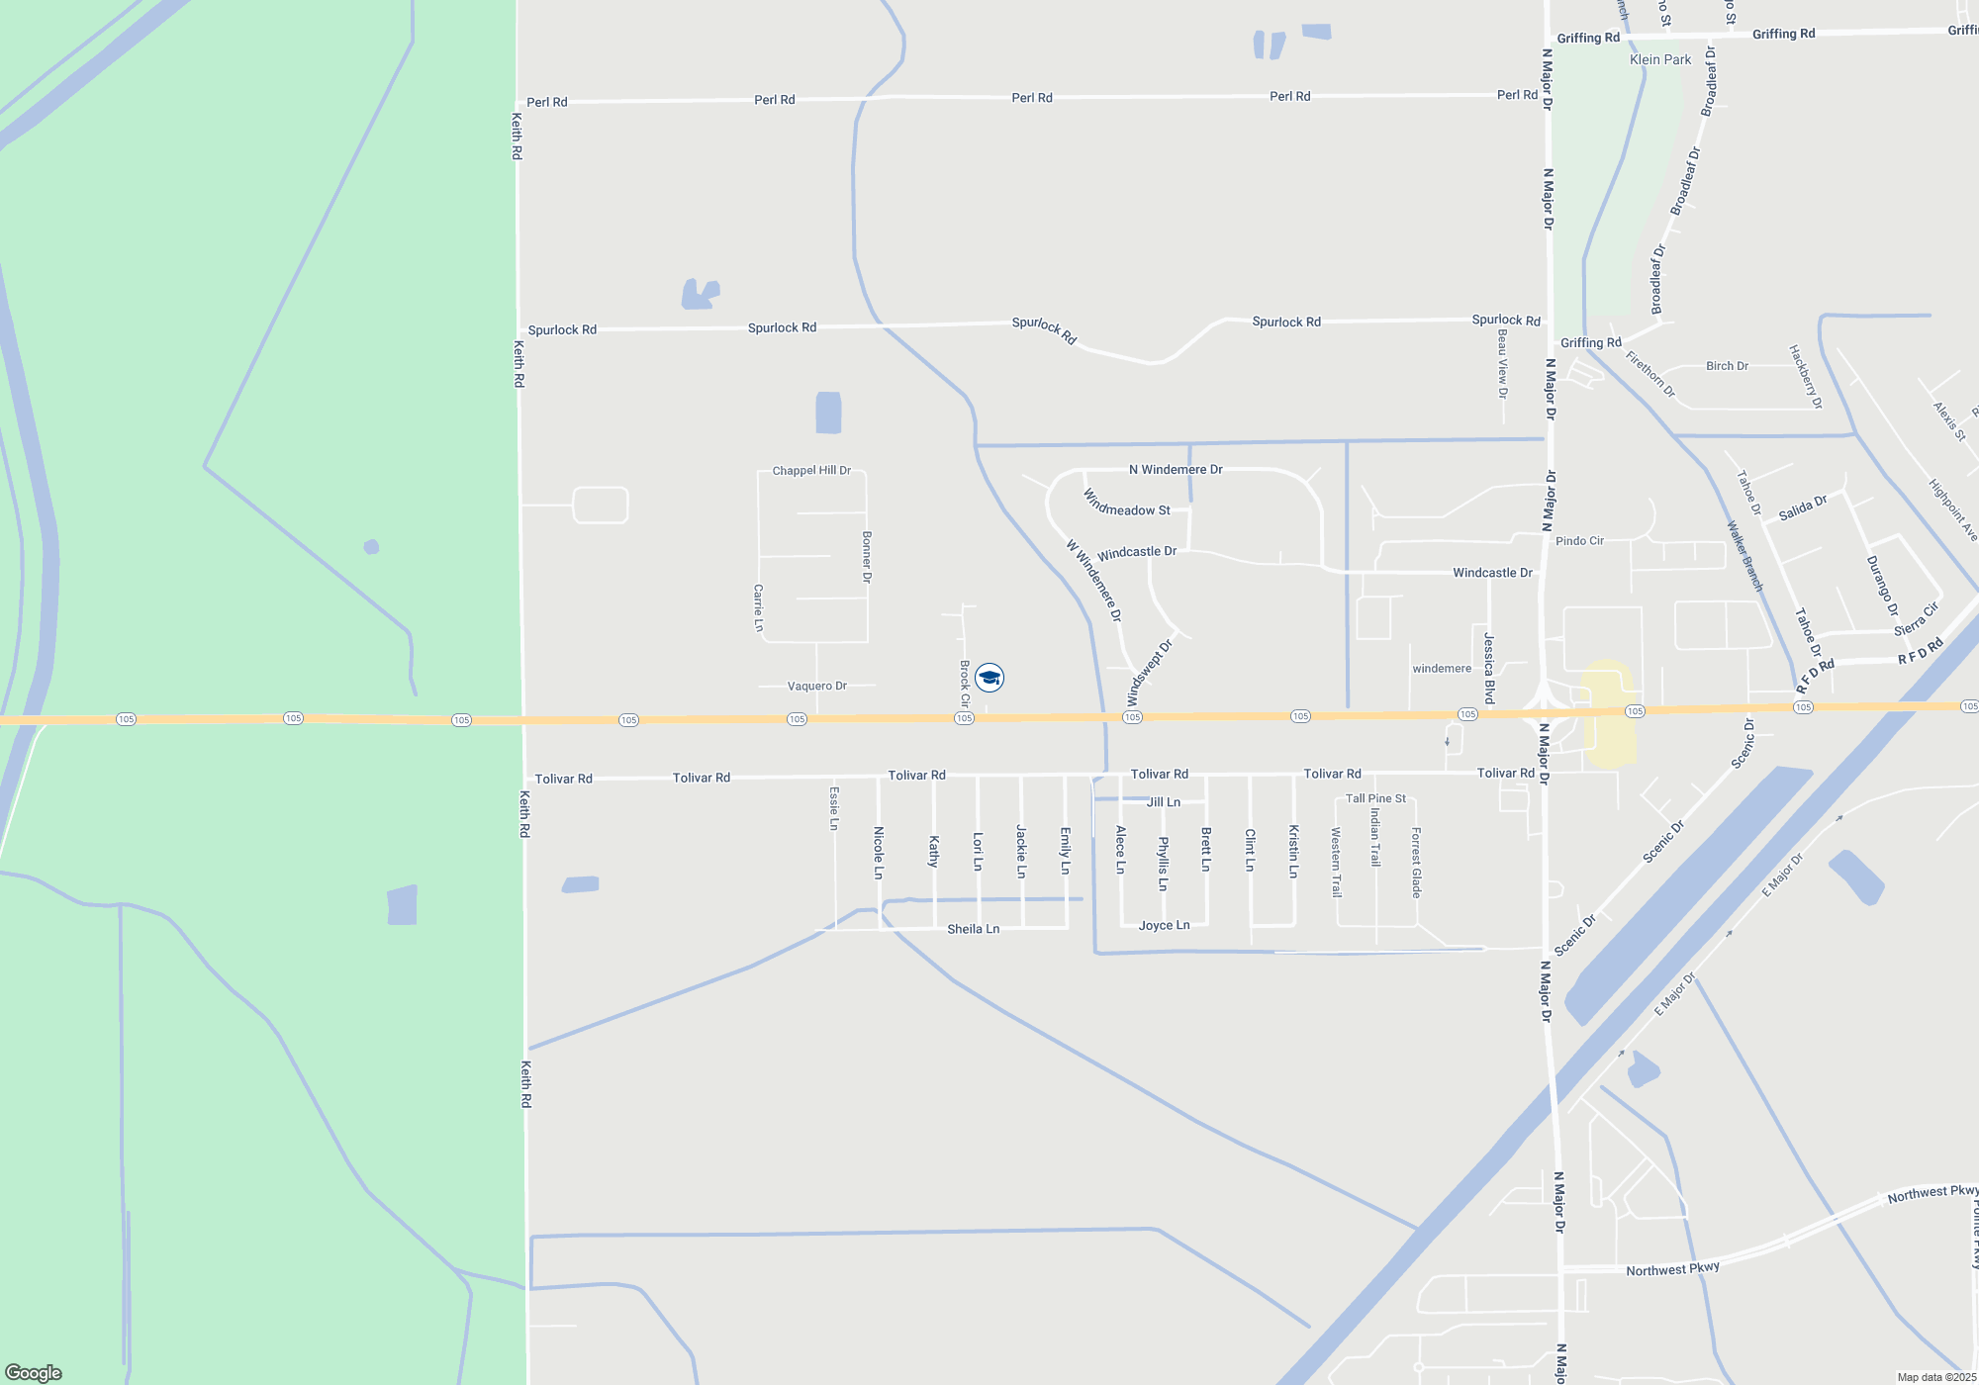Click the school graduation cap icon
pyautogui.click(x=989, y=678)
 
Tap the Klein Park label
pyautogui.click(x=1660, y=59)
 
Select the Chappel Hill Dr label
pyautogui.click(x=811, y=471)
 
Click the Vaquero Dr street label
pyautogui.click(x=817, y=686)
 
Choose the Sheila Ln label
pyautogui.click(x=973, y=929)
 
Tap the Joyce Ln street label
pyautogui.click(x=1164, y=926)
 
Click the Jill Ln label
pyautogui.click(x=1163, y=802)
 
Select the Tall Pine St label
pyautogui.click(x=1375, y=798)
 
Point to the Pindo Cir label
pyautogui.click(x=1579, y=541)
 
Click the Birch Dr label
pyautogui.click(x=1727, y=366)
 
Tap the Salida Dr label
pyautogui.click(x=1802, y=508)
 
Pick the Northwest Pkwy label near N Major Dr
pyautogui.click(x=1672, y=1269)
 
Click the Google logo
pyautogui.click(x=34, y=1373)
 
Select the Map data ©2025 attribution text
pyautogui.click(x=1936, y=1377)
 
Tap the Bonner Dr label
pyautogui.click(x=867, y=557)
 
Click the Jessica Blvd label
pyautogui.click(x=1489, y=669)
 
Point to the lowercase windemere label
pyautogui.click(x=1442, y=669)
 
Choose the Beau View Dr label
pyautogui.click(x=1502, y=364)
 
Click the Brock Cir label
pyautogui.click(x=965, y=684)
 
